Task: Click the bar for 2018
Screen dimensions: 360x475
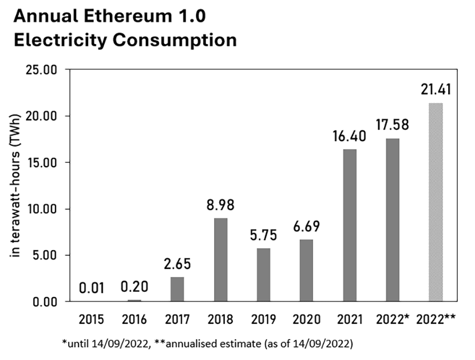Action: pyautogui.click(x=220, y=259)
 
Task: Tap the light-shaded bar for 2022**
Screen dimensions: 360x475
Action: pyautogui.click(x=435, y=202)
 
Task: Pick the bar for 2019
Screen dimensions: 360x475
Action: pyautogui.click(x=263, y=274)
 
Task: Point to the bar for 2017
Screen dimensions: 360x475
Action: pyautogui.click(x=177, y=289)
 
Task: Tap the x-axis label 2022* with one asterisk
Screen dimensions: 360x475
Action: pyautogui.click(x=392, y=320)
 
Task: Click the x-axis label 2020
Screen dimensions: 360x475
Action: pyautogui.click(x=306, y=320)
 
